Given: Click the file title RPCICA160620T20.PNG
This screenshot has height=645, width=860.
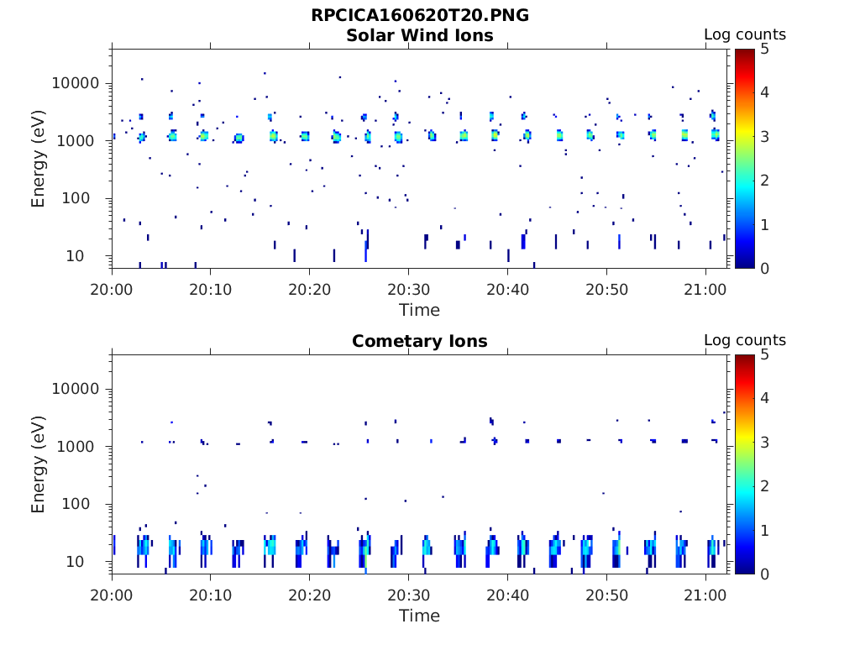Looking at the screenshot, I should (x=419, y=15).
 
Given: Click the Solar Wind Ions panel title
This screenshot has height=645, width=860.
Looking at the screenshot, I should (x=419, y=35).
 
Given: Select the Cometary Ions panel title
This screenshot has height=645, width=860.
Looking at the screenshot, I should (x=419, y=341).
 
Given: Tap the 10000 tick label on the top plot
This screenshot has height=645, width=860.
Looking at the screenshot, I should (x=76, y=84).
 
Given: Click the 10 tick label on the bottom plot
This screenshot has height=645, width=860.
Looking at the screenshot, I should (x=92, y=562).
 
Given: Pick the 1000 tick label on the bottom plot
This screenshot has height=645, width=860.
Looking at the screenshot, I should (x=81, y=447).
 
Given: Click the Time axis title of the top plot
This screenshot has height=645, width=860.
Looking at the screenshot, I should (x=419, y=310).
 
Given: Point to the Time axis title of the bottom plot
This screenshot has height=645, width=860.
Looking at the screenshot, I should (x=419, y=616).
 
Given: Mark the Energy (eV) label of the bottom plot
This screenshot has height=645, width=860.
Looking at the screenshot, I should (x=39, y=464).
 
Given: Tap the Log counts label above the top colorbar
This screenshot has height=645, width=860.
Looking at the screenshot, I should (x=744, y=34).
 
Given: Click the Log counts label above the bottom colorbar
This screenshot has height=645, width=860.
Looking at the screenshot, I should (x=744, y=340).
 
